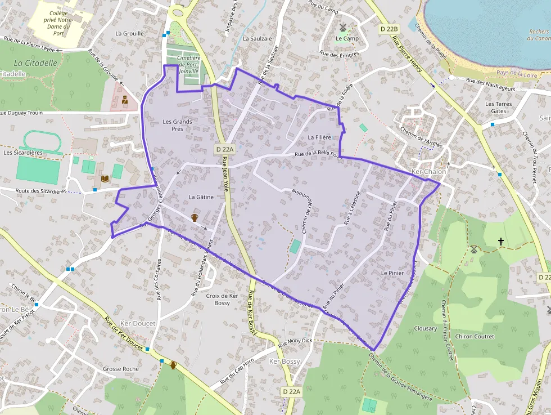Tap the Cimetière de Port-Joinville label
point(188,65)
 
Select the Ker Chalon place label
point(429,172)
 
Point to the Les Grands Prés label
point(177,125)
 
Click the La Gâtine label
point(201,197)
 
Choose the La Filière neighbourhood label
point(319,137)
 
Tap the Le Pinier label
point(392,273)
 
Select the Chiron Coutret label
point(475,337)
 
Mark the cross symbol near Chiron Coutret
point(501,241)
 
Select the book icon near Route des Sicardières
point(105,179)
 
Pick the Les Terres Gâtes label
point(498,108)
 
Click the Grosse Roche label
point(121,369)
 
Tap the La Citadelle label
point(36,63)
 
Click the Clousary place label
point(425,328)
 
